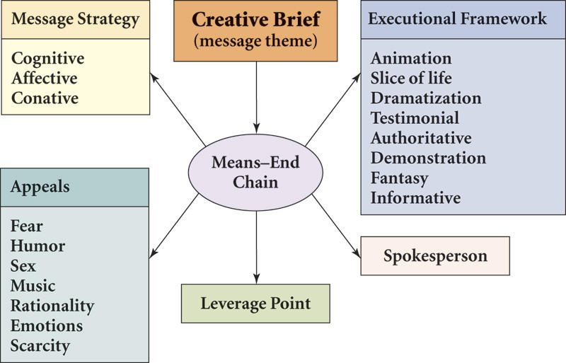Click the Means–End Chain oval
pyautogui.click(x=255, y=172)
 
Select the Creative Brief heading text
pyautogui.click(x=255, y=19)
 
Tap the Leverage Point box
pyautogui.click(x=255, y=304)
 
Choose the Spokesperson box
pyautogui.click(x=435, y=255)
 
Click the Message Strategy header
pyautogui.click(x=76, y=19)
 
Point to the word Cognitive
pyautogui.click(x=48, y=59)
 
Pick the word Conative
pyautogui.click(x=45, y=98)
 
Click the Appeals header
pyautogui.click(x=40, y=188)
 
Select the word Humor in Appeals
pyautogui.click(x=38, y=246)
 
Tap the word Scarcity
pyautogui.click(x=40, y=345)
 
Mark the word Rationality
pyautogui.click(x=52, y=306)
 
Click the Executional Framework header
pyautogui.click(x=458, y=19)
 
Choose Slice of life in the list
pyautogui.click(x=411, y=78)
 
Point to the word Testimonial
pyautogui.click(x=415, y=117)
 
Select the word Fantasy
pyautogui.click(x=400, y=178)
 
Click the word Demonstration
pyautogui.click(x=428, y=158)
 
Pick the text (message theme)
pyautogui.click(x=255, y=42)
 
